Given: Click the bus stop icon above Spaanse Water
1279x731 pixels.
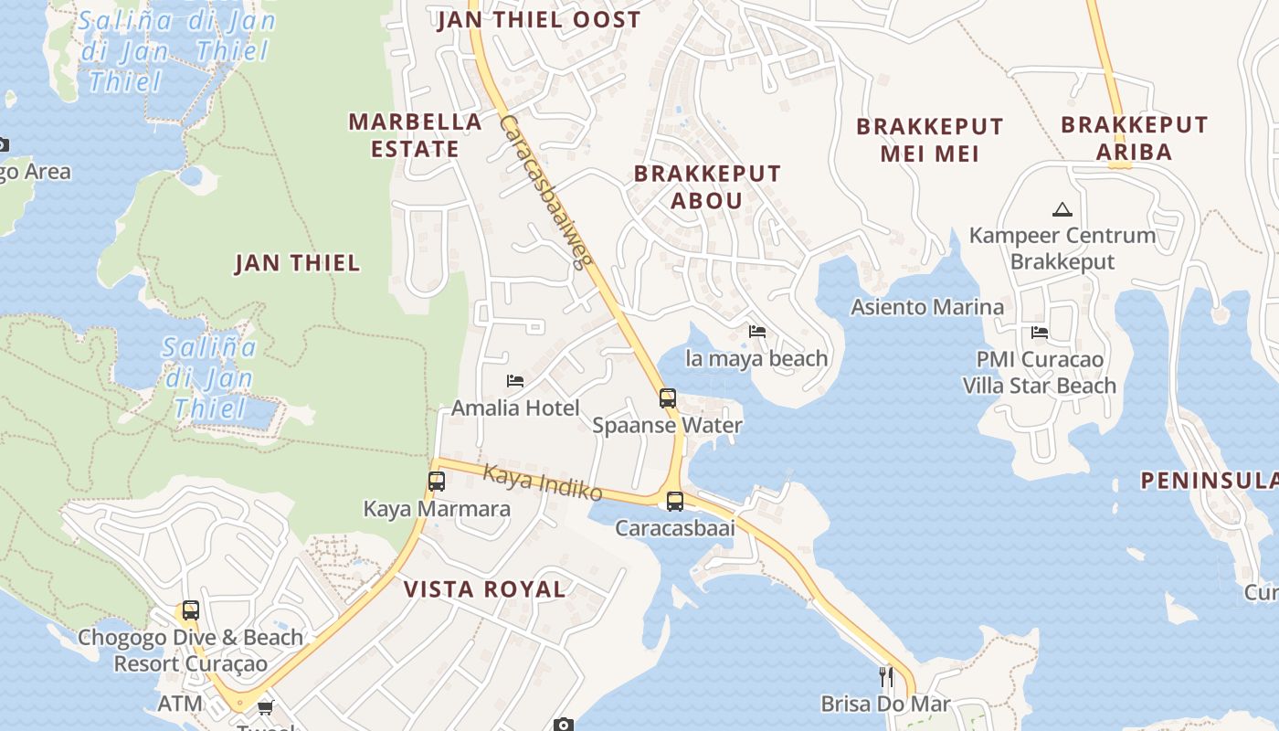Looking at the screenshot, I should tap(668, 397).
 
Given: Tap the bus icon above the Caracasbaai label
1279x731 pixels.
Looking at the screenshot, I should tap(675, 501).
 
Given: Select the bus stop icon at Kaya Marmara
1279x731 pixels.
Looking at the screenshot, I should tap(437, 481).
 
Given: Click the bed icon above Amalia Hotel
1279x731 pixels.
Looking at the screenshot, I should tap(515, 380).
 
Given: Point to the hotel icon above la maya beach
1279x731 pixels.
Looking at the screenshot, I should tap(757, 331).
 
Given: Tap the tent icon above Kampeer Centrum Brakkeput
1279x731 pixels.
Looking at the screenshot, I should tap(1062, 209).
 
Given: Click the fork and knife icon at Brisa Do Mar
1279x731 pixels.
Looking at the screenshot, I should tap(885, 676).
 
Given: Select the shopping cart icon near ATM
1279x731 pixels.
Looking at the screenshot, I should tap(266, 706).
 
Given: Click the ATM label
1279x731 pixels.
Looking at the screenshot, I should tap(180, 704).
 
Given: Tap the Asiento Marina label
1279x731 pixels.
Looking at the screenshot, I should tap(927, 307).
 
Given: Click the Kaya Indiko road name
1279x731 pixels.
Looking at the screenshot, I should tap(542, 482).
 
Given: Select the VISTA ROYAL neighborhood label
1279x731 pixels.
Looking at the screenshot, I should tap(485, 589).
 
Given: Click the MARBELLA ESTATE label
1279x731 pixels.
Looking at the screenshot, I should tap(416, 135).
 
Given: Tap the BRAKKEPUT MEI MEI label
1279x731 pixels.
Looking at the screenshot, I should tap(929, 140).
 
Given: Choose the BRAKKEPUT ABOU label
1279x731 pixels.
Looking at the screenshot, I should tap(707, 186).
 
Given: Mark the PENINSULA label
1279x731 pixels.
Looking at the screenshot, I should tap(1209, 481).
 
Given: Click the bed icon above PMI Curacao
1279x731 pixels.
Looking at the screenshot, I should tap(1039, 332).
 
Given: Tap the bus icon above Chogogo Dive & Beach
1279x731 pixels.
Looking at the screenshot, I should tap(190, 609).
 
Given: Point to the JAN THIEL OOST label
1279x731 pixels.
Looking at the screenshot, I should tap(539, 20).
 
